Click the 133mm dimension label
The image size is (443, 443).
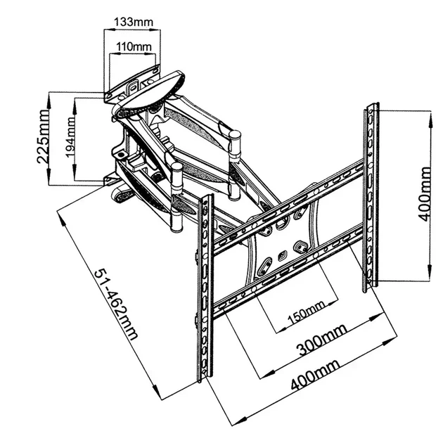(x=134, y=22)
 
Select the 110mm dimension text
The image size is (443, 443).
(x=134, y=46)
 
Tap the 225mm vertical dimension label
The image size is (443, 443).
(x=43, y=136)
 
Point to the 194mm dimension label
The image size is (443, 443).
(x=70, y=137)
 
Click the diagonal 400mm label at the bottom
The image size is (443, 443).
(x=315, y=375)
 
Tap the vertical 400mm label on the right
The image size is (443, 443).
(x=425, y=194)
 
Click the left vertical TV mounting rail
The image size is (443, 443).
(x=205, y=287)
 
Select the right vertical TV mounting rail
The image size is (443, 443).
(x=371, y=196)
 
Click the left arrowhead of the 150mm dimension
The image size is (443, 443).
(x=280, y=330)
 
